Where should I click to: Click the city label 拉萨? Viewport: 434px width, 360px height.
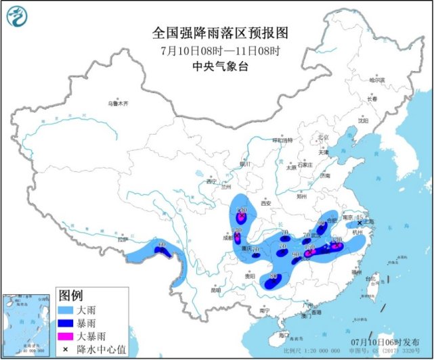click(122, 238)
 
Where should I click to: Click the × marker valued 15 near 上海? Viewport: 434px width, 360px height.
click(360, 223)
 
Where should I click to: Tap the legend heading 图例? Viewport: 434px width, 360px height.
click(70, 295)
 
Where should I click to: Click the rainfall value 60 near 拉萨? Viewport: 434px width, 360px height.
click(161, 244)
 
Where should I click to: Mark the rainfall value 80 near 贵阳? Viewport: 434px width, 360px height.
click(273, 277)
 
